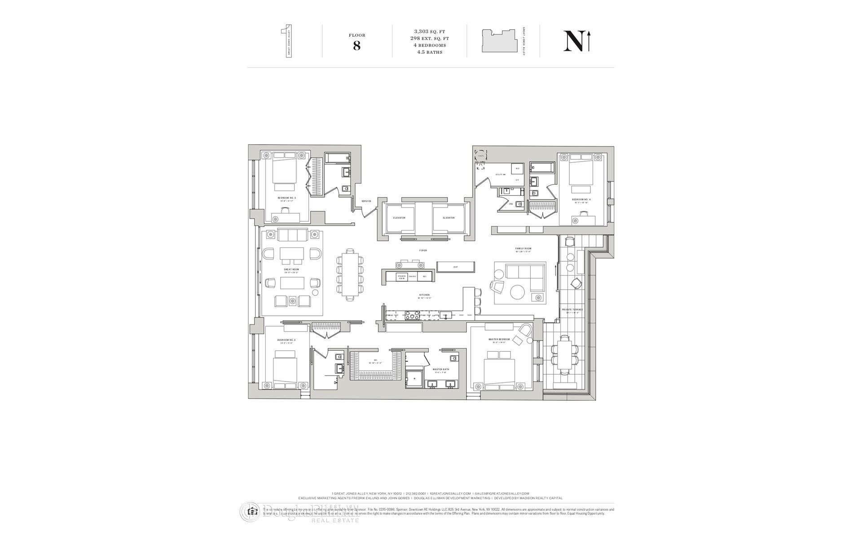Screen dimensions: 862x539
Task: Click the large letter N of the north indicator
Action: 573,41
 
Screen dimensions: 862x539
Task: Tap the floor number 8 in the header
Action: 357,46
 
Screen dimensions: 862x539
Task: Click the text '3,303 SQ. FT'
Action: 430,31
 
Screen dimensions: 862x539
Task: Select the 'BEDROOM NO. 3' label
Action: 286,198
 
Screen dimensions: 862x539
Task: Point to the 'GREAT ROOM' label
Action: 291,269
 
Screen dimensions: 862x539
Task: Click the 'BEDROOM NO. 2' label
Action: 286,340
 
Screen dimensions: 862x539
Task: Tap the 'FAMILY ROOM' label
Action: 523,248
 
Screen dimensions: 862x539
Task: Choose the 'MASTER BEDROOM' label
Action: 499,339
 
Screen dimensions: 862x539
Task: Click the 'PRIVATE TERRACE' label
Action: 572,309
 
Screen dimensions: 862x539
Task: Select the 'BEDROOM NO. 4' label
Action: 581,199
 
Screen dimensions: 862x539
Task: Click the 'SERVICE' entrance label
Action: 366,201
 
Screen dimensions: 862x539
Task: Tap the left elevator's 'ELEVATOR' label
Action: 399,218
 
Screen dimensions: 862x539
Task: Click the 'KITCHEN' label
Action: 424,295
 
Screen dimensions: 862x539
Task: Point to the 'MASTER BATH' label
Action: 441,370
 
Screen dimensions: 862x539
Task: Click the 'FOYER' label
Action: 423,250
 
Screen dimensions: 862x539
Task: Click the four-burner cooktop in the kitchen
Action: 413,315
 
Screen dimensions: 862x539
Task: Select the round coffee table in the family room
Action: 517,292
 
